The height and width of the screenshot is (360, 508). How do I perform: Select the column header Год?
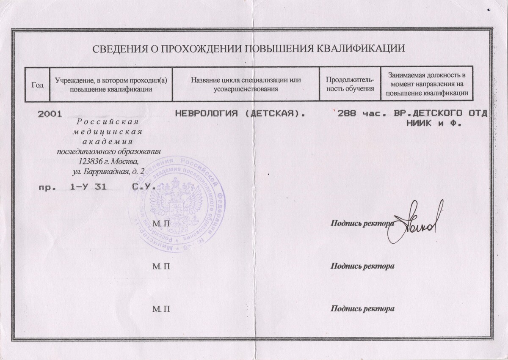pos(38,85)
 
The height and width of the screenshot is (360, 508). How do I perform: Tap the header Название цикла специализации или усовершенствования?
pos(246,85)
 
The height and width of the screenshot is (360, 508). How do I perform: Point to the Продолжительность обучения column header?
pos(349,85)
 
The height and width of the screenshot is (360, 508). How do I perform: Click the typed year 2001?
pos(50,114)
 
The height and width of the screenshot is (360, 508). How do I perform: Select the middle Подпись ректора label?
pos(363,266)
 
